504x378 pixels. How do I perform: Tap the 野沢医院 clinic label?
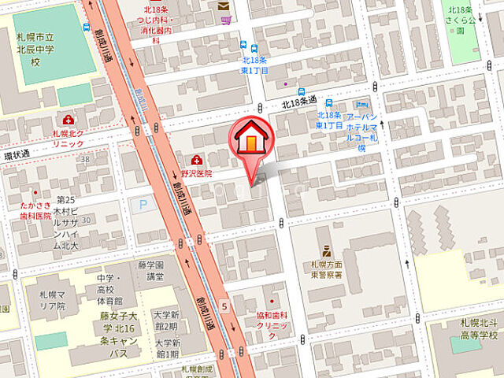[x=198, y=173]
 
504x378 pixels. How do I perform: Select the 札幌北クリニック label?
[x=69, y=138]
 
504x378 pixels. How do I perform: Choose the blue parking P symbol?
[x=143, y=205]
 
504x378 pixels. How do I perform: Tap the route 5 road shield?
[x=224, y=306]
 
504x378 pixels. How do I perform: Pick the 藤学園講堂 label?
[x=150, y=271]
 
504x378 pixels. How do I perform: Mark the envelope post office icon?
[x=223, y=6]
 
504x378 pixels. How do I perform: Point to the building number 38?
[x=84, y=158]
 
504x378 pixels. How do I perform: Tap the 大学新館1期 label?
[x=167, y=348]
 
